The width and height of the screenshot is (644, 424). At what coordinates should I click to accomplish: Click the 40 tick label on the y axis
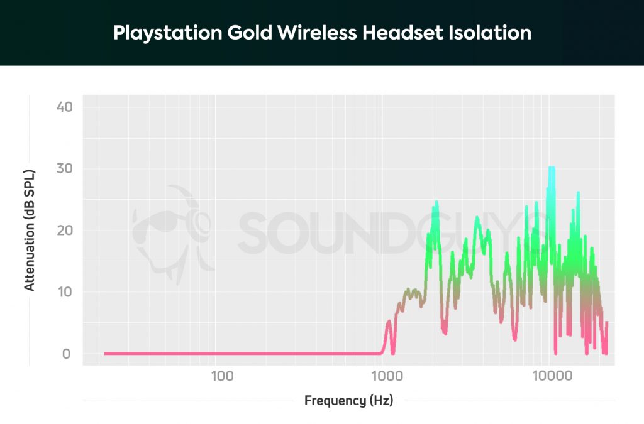pos(65,107)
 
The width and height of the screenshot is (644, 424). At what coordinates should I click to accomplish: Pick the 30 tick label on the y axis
pos(65,169)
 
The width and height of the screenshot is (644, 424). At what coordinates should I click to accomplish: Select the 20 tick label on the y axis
pos(65,231)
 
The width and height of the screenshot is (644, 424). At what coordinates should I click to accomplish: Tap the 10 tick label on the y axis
pos(65,292)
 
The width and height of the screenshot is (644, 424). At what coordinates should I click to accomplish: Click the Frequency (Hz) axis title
pos(348,400)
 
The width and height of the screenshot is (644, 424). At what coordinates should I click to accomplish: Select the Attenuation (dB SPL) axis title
pos(29,230)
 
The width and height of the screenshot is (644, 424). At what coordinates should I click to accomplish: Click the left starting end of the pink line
pos(106,353)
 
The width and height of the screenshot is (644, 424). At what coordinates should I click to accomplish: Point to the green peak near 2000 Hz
pos(436,203)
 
